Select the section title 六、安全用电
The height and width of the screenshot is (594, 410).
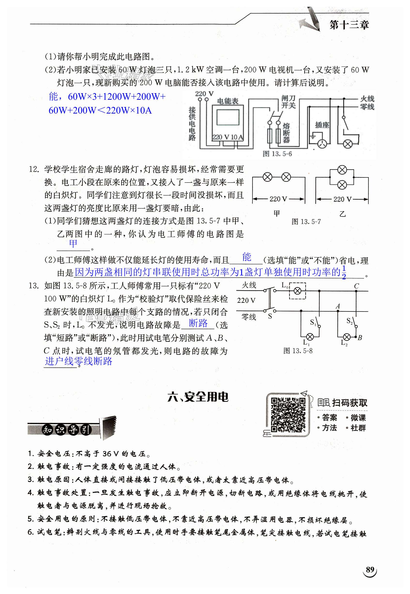point(198,397)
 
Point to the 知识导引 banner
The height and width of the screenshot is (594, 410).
point(67,429)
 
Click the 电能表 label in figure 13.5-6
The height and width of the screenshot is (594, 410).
point(228,101)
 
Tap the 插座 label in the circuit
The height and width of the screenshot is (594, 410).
point(322,125)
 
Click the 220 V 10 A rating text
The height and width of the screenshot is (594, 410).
point(228,137)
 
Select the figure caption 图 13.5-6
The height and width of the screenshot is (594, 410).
point(277,154)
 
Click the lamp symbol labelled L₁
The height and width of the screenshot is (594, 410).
point(310,337)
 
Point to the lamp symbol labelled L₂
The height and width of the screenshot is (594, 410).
point(347,337)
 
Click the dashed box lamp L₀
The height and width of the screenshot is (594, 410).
point(297,291)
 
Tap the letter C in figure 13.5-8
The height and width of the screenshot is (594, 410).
point(356,286)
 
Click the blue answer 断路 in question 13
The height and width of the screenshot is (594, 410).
point(198,323)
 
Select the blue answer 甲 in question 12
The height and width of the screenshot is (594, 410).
point(73,243)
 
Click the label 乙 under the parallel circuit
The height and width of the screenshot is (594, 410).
point(342,214)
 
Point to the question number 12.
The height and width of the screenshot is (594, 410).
point(34,169)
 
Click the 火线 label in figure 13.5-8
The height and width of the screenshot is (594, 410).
point(249,285)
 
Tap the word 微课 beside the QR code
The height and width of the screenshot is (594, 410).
point(358,418)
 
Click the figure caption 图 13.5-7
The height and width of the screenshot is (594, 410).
point(306,221)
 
